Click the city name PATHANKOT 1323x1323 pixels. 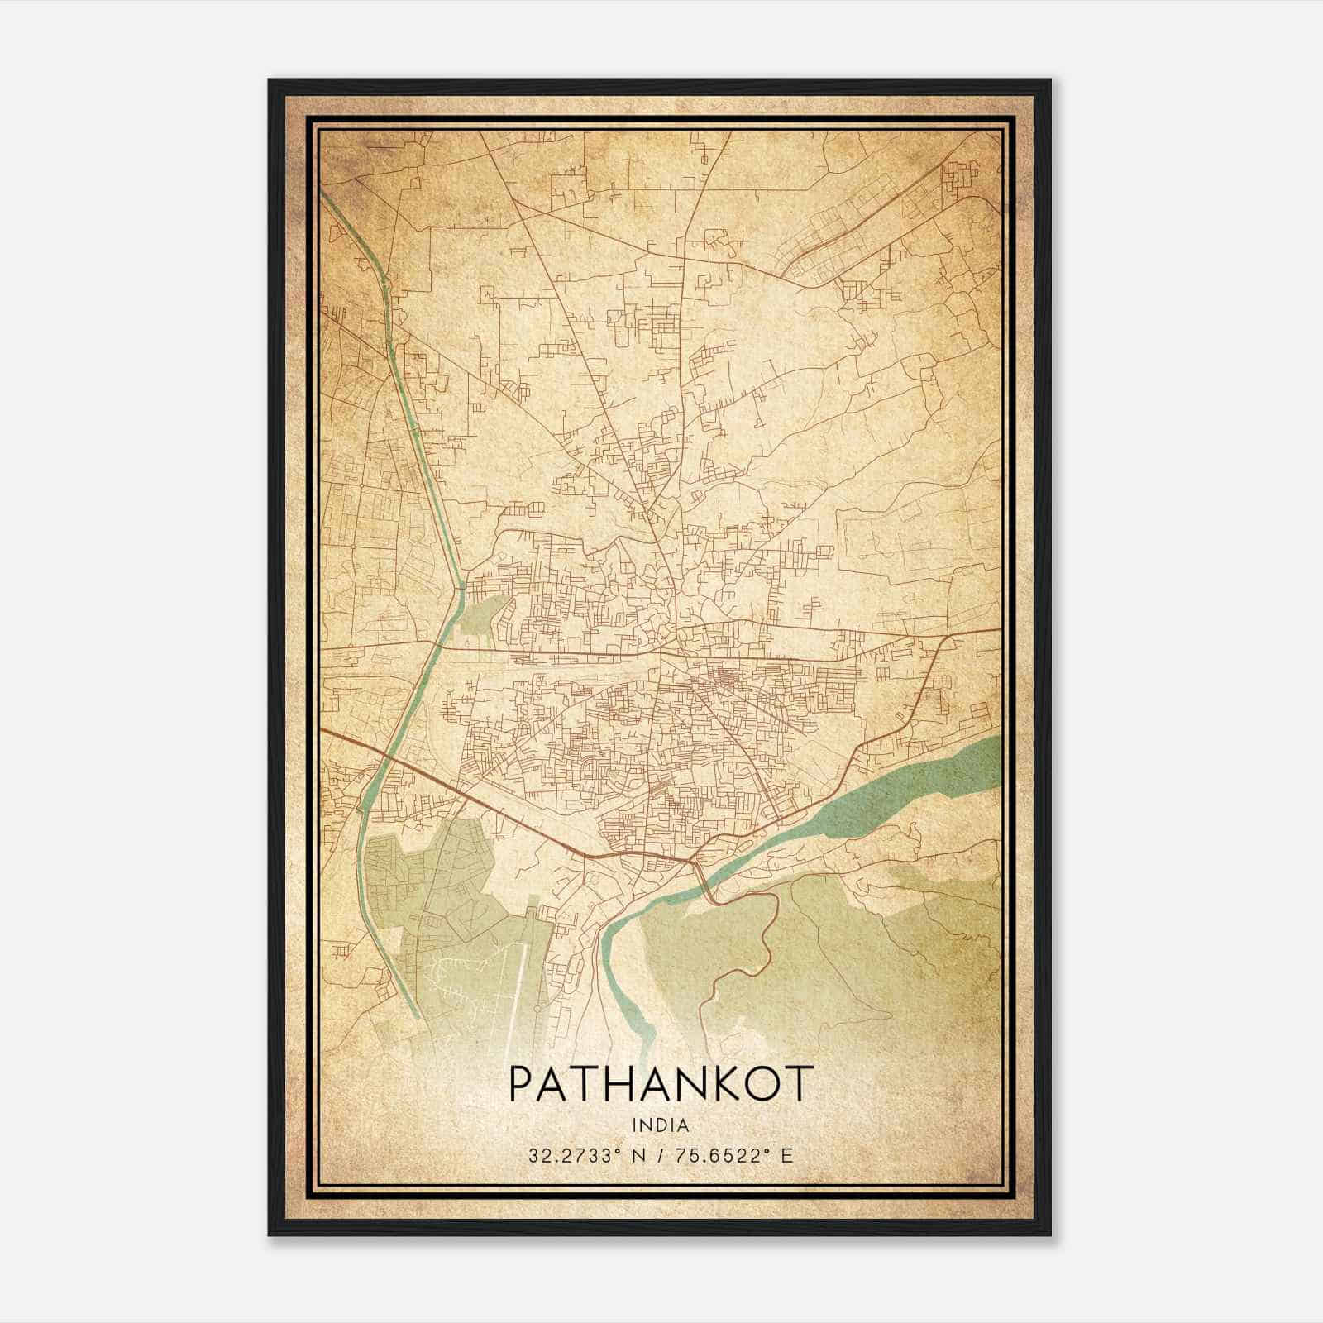pyautogui.click(x=661, y=1084)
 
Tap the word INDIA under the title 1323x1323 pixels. pyautogui.click(x=661, y=1125)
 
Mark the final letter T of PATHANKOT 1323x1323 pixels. pyautogui.click(x=800, y=1084)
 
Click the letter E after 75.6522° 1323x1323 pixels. pyautogui.click(x=786, y=1155)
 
